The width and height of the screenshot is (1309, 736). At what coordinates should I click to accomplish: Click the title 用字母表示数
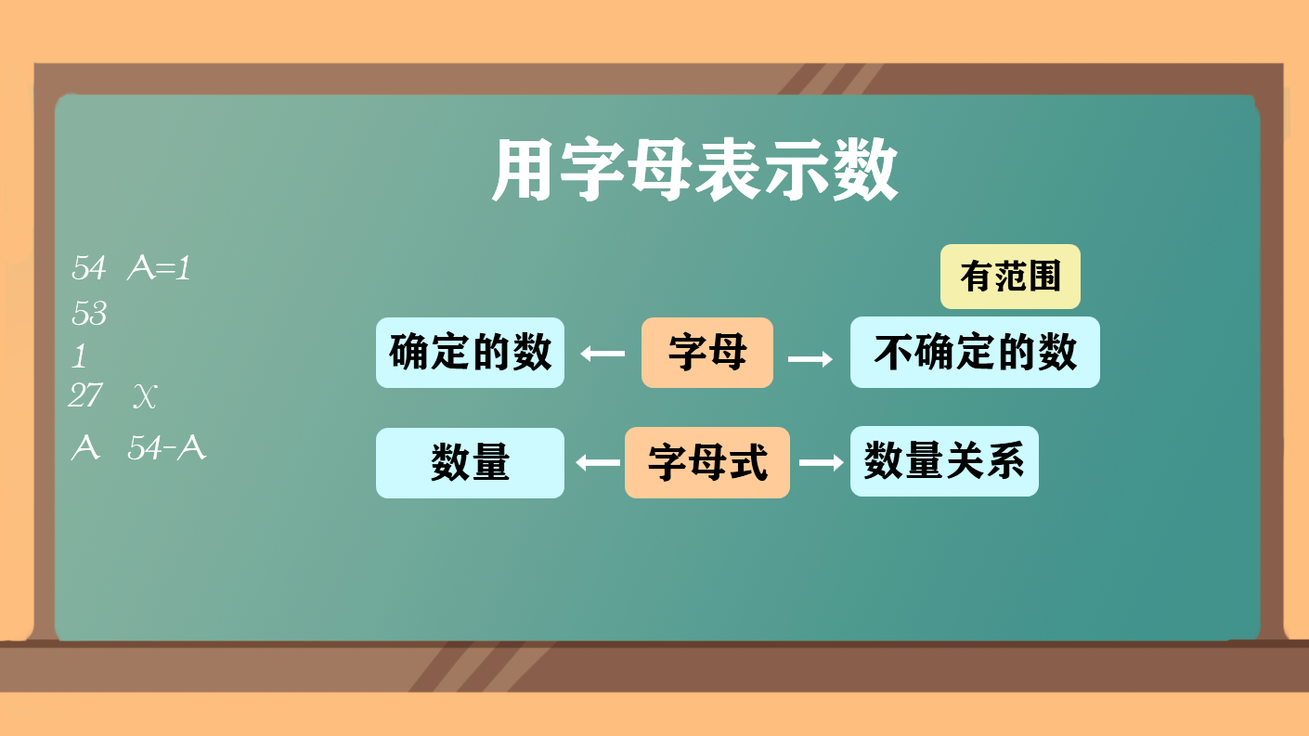tap(694, 170)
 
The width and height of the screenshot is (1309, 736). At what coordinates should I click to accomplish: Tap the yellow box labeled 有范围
tap(1010, 277)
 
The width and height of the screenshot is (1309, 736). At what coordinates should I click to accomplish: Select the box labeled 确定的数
tap(470, 353)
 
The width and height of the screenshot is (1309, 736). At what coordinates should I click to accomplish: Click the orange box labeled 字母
tap(707, 353)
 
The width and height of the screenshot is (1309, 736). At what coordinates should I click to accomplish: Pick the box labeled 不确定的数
tap(975, 353)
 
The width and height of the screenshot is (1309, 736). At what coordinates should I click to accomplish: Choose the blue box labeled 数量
tap(470, 462)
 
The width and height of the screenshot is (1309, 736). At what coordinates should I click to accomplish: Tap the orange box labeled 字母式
tap(707, 462)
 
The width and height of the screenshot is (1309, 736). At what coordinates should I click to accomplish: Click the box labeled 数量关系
tap(944, 461)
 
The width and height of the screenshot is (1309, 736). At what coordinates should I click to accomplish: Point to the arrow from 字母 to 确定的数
tap(603, 354)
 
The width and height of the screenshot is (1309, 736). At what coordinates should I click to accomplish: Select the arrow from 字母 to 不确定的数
tap(810, 358)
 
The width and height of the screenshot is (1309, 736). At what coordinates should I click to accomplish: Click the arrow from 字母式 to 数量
tap(598, 462)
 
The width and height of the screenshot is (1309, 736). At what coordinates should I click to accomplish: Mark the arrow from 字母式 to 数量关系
tap(821, 462)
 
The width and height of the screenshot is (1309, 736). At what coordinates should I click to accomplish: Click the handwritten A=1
tap(159, 268)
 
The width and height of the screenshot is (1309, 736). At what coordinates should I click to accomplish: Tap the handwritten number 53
tap(89, 313)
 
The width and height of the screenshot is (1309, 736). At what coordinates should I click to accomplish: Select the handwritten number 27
tap(85, 395)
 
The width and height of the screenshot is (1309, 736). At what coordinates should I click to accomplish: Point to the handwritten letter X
tap(145, 396)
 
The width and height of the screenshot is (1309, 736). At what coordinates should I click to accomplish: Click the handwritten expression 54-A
tap(167, 448)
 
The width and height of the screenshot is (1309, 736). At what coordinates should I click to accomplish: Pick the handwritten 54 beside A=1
tap(88, 268)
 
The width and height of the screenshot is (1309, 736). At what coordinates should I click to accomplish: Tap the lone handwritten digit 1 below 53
tap(80, 355)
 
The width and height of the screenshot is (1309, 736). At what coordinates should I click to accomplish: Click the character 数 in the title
tap(865, 170)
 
